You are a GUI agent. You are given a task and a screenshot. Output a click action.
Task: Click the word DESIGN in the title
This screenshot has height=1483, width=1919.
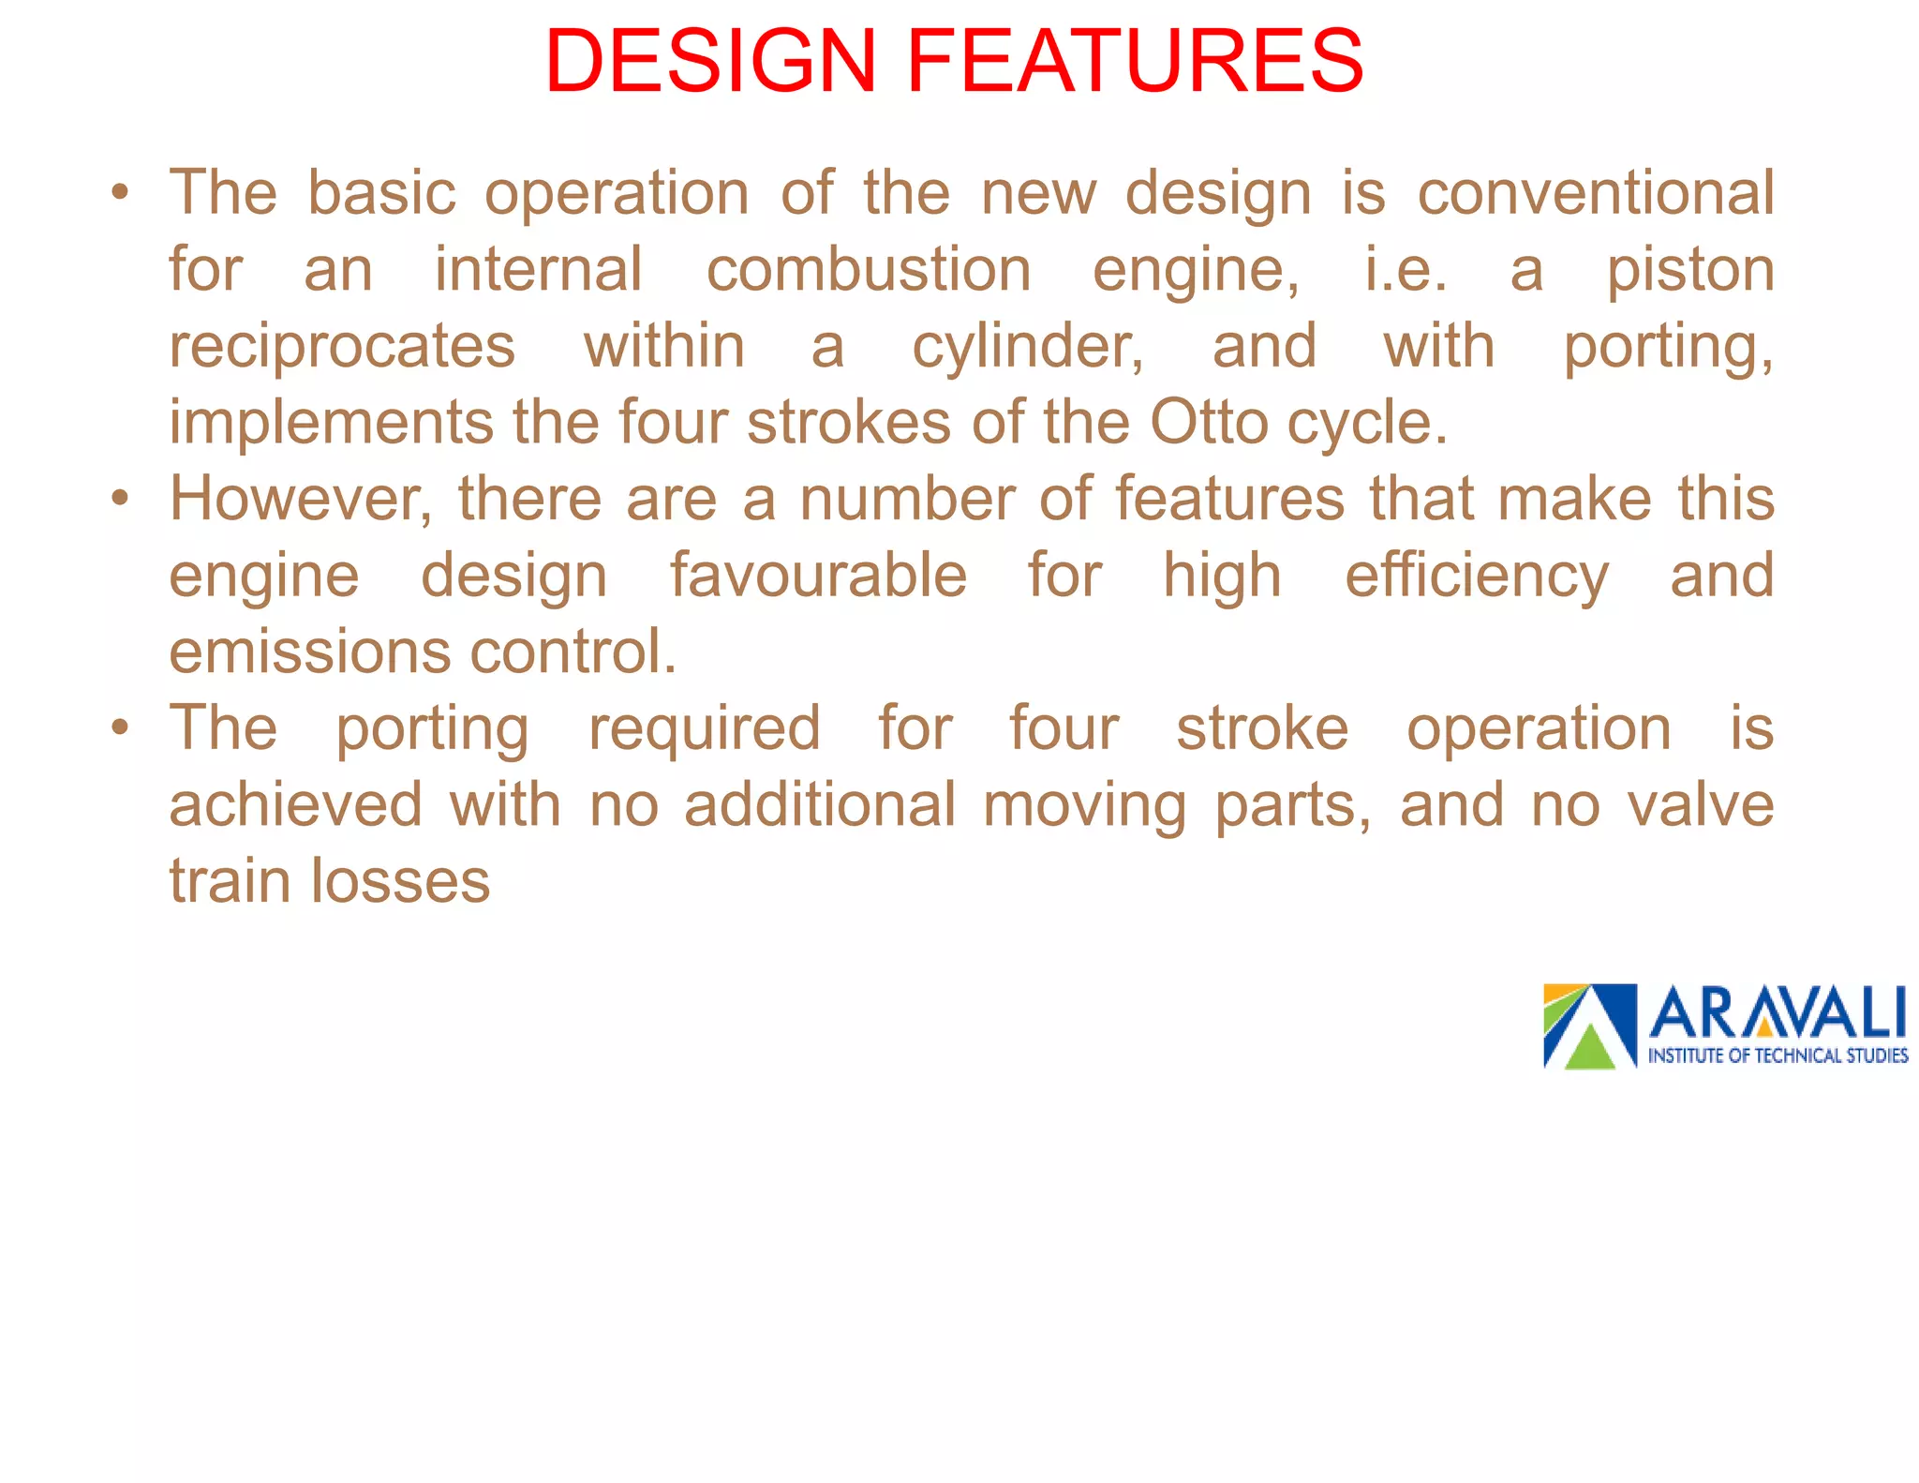coord(710,62)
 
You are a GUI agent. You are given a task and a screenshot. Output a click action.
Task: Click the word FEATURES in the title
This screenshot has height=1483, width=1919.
coord(1135,62)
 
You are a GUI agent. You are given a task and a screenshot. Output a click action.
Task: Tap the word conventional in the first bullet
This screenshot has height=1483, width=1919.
coord(1595,193)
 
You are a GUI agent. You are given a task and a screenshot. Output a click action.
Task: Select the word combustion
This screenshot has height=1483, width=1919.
coord(869,270)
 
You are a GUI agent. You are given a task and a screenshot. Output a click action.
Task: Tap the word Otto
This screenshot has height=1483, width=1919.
coord(1209,422)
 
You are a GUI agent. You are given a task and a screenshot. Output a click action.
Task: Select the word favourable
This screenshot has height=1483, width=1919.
coord(818,575)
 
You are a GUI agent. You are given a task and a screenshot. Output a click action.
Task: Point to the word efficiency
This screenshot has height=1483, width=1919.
coord(1477,577)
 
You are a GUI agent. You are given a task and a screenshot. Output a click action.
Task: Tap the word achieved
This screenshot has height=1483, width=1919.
coord(296,805)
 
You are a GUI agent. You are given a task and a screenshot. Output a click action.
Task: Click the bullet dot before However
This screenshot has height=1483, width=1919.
coord(119,498)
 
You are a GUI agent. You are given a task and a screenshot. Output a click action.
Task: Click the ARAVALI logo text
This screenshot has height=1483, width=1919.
coord(1777,1013)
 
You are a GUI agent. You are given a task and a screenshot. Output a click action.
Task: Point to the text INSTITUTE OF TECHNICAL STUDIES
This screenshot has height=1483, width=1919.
coord(1778,1056)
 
